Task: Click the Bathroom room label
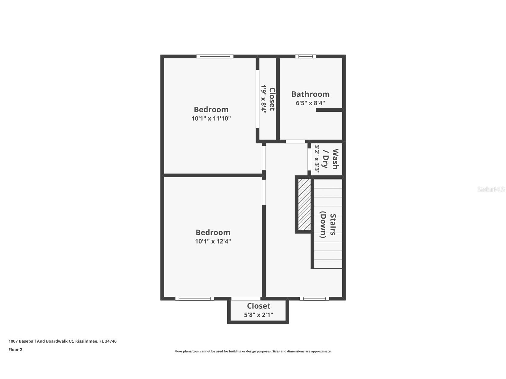[310, 94]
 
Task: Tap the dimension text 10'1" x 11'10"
[211, 119]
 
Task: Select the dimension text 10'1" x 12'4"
[213, 241]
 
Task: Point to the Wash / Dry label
[331, 159]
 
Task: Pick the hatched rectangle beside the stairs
[304, 204]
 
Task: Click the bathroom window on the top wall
[305, 56]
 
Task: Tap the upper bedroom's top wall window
[215, 56]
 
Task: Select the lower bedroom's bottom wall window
[194, 299]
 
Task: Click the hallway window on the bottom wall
[314, 299]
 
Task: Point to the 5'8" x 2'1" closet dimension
[259, 315]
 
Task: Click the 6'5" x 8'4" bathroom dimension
[310, 103]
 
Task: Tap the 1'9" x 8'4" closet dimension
[264, 98]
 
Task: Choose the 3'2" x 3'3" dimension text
[317, 159]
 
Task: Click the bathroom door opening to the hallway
[295, 142]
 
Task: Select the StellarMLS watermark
[491, 189]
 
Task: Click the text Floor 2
[15, 350]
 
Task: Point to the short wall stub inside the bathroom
[329, 110]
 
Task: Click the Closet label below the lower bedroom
[259, 306]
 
